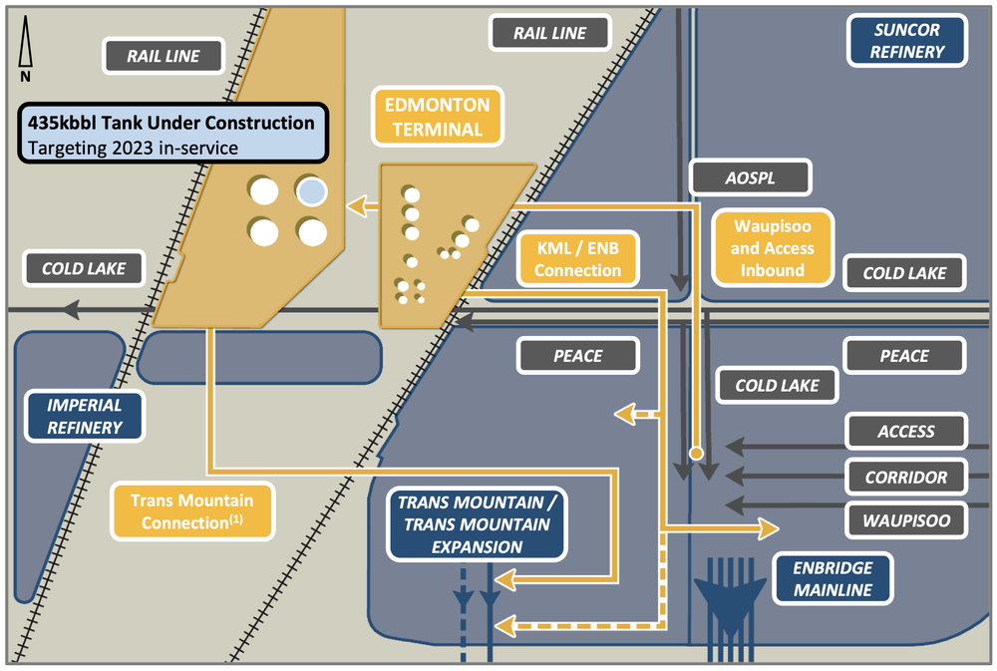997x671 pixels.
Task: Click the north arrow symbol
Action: coord(26,53)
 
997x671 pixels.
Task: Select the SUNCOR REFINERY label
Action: coord(906,41)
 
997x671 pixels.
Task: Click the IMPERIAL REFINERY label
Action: coord(85,416)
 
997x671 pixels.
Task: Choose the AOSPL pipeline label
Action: coord(750,178)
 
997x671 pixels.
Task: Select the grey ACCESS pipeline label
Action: coord(906,432)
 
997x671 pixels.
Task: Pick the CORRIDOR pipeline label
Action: coord(906,477)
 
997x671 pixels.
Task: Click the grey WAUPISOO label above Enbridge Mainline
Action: coord(906,519)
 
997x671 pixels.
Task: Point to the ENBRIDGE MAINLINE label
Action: coord(832,578)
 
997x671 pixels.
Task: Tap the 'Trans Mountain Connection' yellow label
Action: coord(191,511)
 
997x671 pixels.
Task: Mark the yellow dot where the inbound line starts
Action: coord(696,454)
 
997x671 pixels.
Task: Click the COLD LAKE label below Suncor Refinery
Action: coord(904,273)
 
